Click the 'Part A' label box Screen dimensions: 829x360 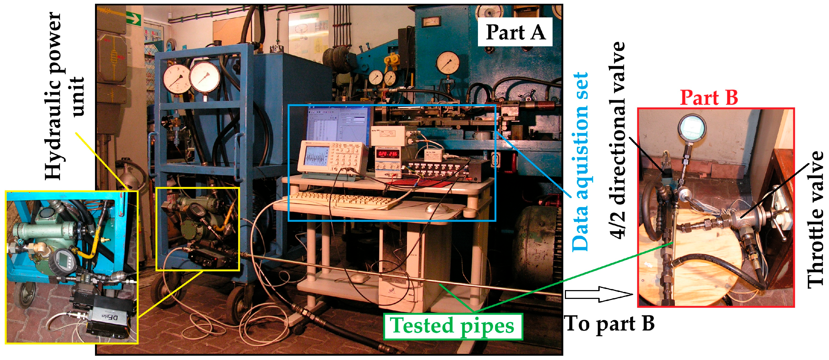pyautogui.click(x=515, y=32)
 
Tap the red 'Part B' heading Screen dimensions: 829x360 pyautogui.click(x=709, y=97)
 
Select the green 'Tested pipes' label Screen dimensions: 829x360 pyautogui.click(x=452, y=326)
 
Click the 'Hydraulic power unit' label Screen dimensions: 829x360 pyautogui.click(x=64, y=97)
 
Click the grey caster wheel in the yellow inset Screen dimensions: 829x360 pyautogui.click(x=24, y=295)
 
